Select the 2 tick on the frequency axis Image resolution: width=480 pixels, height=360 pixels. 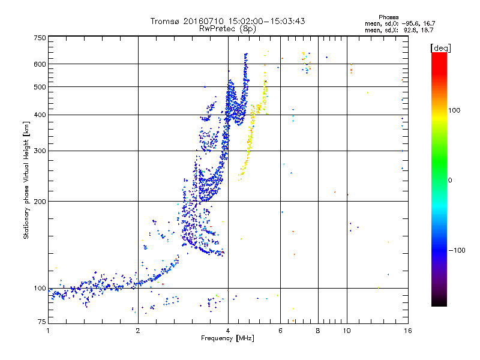(x=138, y=331)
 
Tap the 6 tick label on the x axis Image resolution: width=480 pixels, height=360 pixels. (x=280, y=331)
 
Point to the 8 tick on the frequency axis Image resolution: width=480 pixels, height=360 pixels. (x=318, y=331)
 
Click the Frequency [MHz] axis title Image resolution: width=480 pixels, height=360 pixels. (x=228, y=339)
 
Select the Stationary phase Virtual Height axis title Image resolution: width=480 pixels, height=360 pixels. (x=26, y=181)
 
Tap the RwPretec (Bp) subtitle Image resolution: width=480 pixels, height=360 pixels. (x=228, y=28)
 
